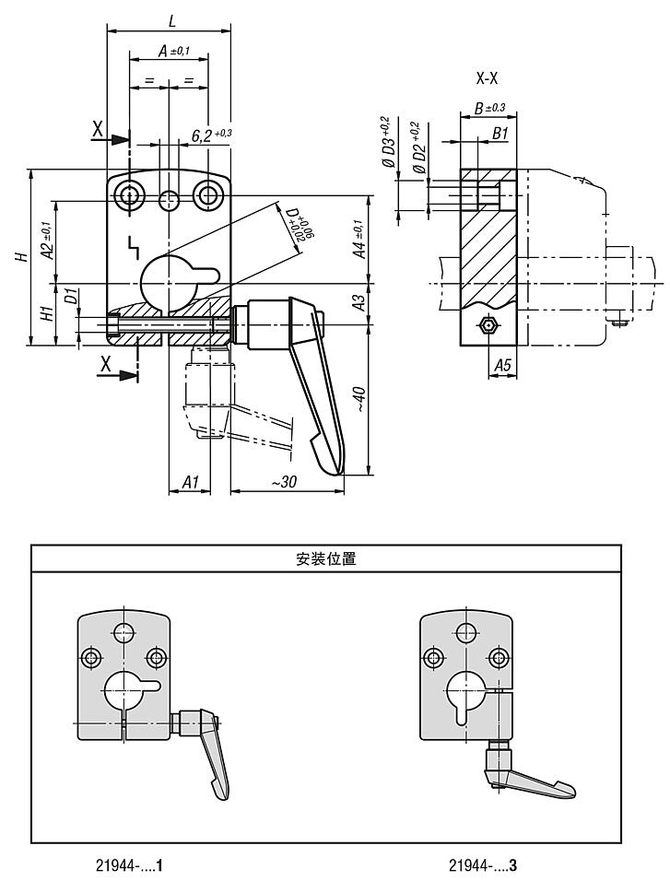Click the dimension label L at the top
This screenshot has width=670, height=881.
pos(172,19)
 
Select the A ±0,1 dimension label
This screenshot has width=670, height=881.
pos(172,52)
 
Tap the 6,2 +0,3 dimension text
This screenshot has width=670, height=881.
pos(211,135)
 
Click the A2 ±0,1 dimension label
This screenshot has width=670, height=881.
pos(45,241)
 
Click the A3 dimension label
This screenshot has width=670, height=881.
pos(360,300)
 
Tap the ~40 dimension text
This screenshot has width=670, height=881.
pos(360,399)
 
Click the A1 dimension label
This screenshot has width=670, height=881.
pos(191,482)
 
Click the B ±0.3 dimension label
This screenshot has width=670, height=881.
pos(489,109)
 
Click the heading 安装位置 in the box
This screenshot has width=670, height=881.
pos(326,558)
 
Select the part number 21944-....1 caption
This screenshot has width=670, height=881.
pos(130,866)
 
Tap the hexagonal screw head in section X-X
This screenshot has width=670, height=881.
pos(488,325)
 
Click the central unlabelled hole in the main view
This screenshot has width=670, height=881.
pos(170,198)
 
